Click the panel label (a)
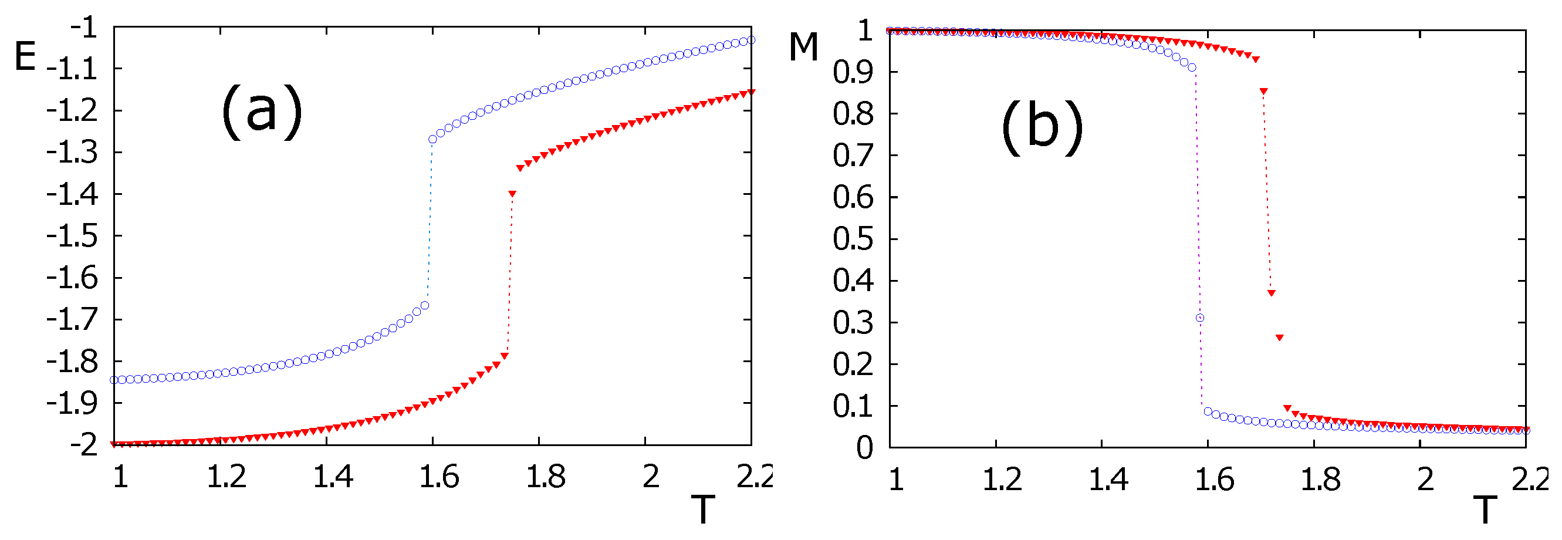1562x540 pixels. tap(262, 112)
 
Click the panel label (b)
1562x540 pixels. tap(1042, 127)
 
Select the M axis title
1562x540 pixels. tap(803, 47)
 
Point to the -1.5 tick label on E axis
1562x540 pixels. tap(73, 236)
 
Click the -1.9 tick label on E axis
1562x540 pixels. tap(73, 403)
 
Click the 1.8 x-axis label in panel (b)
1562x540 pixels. tap(1321, 480)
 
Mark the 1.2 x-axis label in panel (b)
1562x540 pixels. tap(1002, 480)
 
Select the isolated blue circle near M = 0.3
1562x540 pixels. tap(1199, 318)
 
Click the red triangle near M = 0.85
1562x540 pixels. tap(1264, 92)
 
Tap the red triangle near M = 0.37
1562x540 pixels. tap(1272, 293)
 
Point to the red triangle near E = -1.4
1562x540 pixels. tap(512, 194)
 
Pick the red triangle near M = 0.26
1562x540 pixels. tap(1279, 338)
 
